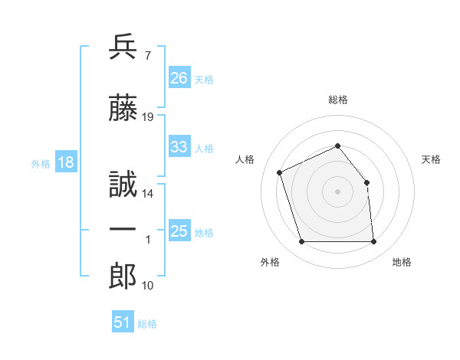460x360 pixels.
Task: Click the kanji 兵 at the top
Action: click(x=123, y=47)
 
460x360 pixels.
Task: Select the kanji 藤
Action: click(x=123, y=107)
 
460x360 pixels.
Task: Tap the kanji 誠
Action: click(x=123, y=184)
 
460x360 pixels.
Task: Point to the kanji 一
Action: click(x=123, y=229)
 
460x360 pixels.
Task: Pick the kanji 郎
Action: click(x=123, y=276)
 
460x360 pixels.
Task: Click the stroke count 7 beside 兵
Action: click(x=148, y=56)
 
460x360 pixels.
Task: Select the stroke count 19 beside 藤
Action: click(x=147, y=117)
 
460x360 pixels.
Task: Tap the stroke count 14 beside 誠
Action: click(x=147, y=194)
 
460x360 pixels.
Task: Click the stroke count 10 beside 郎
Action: click(x=147, y=286)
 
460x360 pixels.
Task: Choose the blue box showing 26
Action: click(x=179, y=77)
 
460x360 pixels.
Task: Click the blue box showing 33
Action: click(x=179, y=146)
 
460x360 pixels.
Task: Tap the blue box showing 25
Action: click(x=179, y=230)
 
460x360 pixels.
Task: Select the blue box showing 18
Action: click(x=66, y=162)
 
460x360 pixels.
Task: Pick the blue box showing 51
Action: click(x=123, y=321)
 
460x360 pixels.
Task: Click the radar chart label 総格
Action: click(x=338, y=100)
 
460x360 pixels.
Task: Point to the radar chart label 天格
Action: click(x=431, y=159)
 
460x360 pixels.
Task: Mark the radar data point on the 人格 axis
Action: click(x=280, y=172)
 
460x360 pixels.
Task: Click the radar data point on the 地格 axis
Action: click(x=373, y=241)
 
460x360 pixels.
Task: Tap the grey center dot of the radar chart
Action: click(x=337, y=191)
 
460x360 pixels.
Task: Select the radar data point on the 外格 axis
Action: click(x=302, y=241)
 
